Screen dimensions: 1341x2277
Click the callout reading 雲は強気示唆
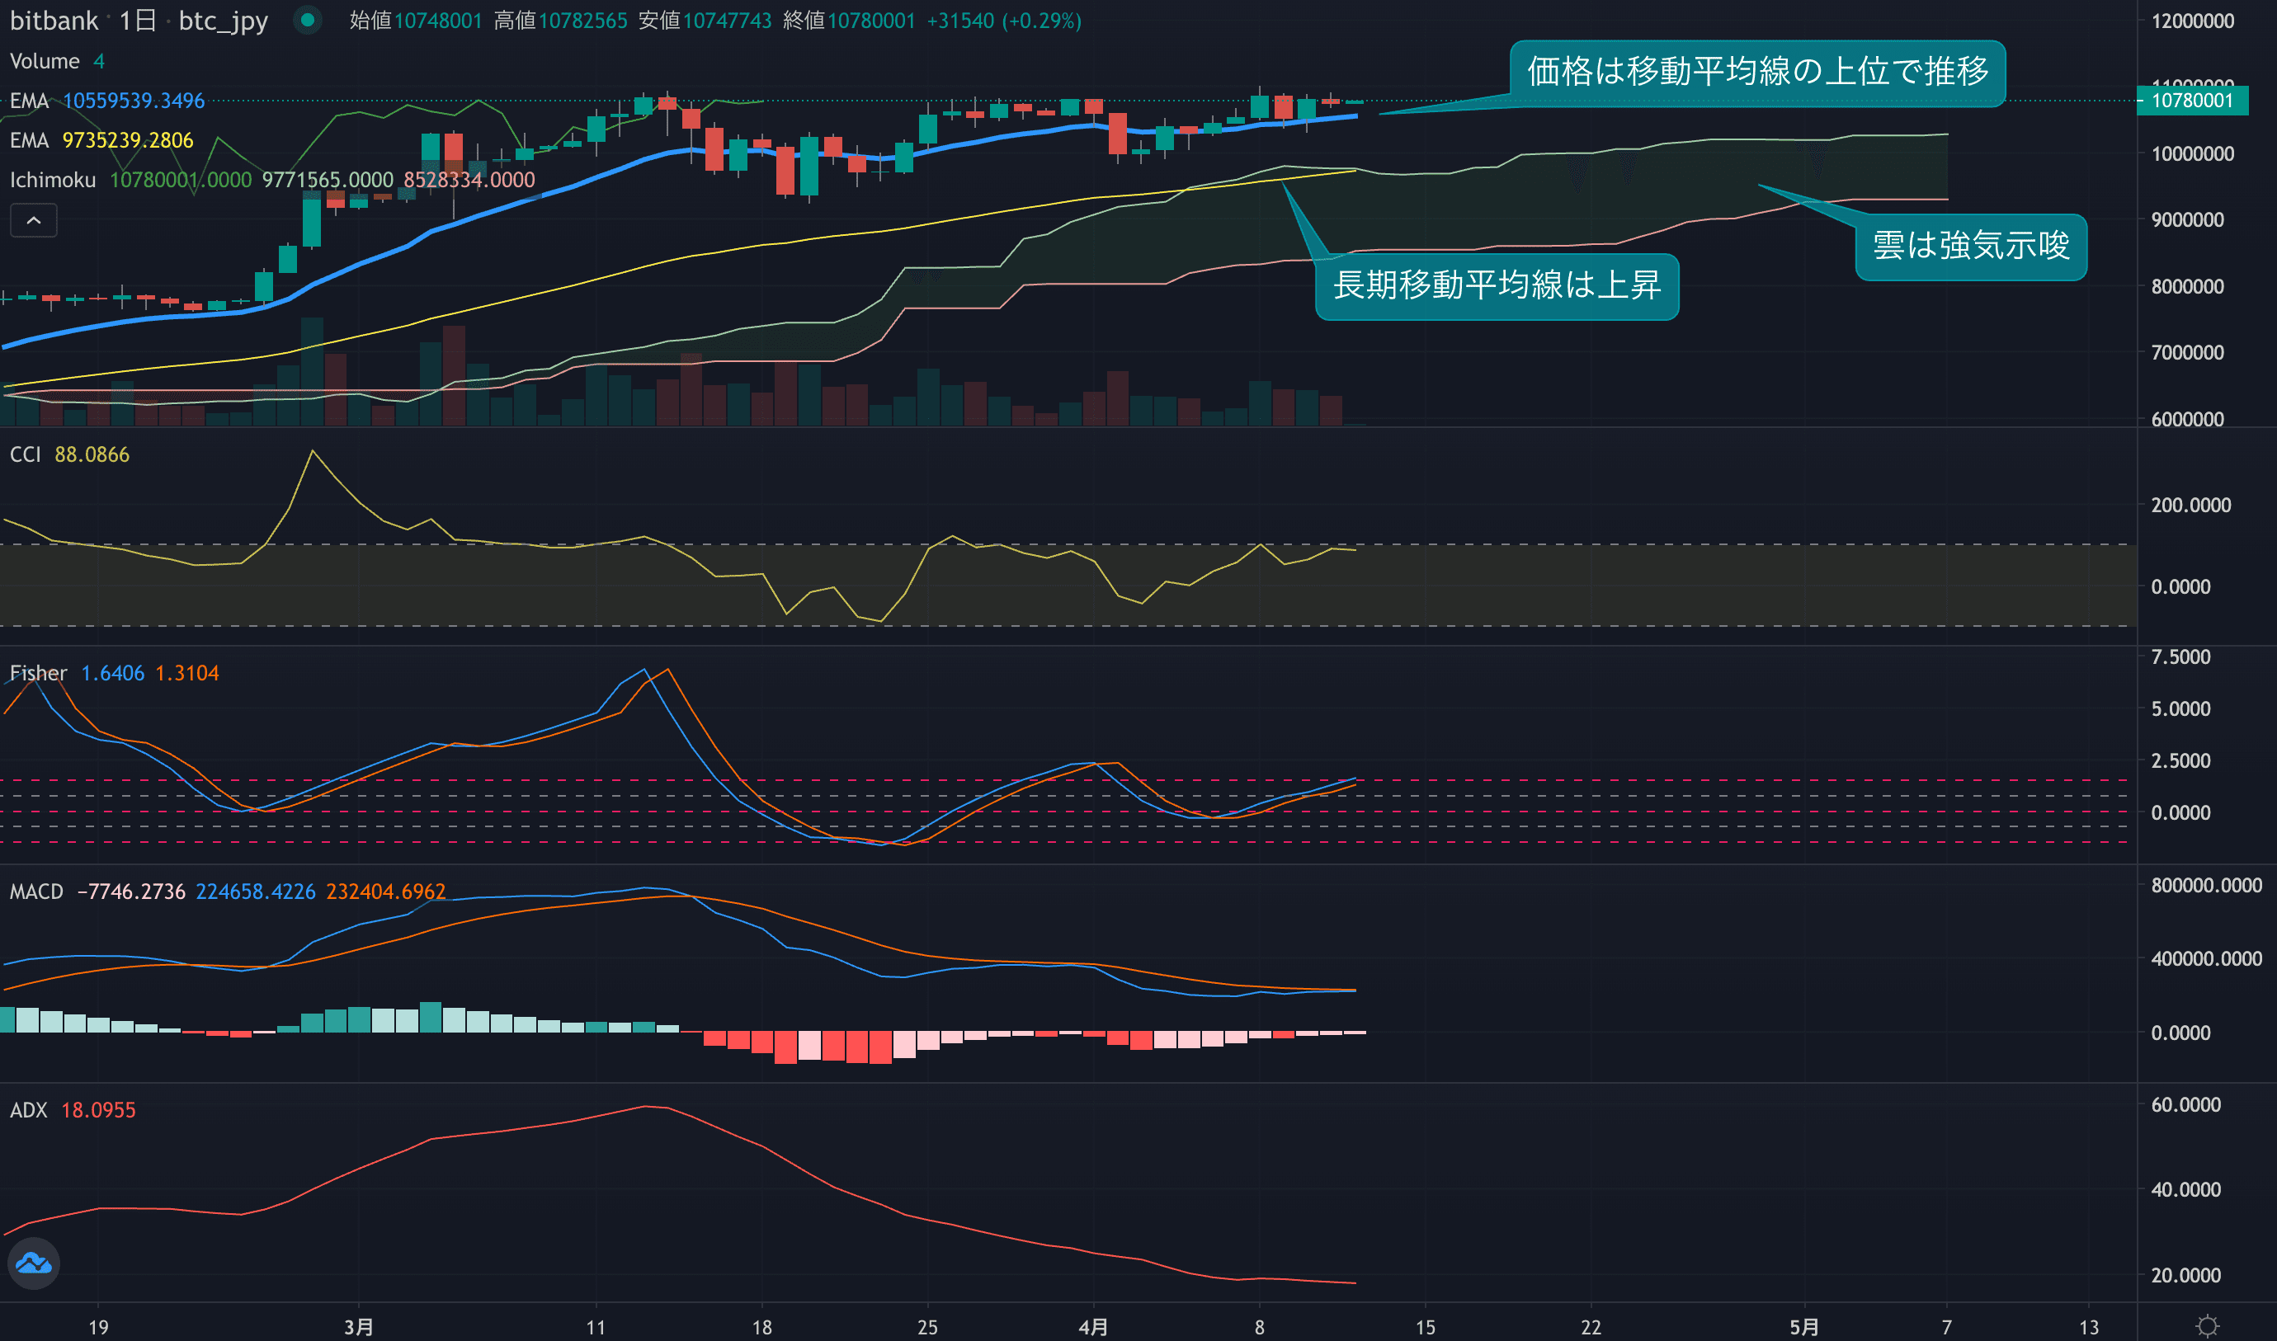(1971, 246)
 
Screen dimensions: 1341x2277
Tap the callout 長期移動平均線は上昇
(1497, 285)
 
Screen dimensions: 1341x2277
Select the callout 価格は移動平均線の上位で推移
(1757, 72)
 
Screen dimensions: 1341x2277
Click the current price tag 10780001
(2191, 101)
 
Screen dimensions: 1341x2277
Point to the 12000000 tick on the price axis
(2192, 21)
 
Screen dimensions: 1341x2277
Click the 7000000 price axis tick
(2188, 352)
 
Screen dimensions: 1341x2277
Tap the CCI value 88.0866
(92, 454)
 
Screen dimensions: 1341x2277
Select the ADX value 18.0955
(98, 1110)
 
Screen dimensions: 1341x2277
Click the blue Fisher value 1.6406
(113, 673)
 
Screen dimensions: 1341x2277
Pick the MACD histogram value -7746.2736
(131, 892)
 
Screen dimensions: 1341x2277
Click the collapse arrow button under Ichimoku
(34, 220)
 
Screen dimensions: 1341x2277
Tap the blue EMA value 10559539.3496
(134, 101)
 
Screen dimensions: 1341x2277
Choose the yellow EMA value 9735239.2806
(127, 140)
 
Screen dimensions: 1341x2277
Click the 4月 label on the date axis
(1093, 1326)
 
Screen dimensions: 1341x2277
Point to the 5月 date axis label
(1803, 1326)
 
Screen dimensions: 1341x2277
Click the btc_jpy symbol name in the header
(224, 21)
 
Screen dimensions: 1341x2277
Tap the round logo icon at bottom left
(34, 1263)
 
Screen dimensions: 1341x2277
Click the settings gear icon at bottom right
(2208, 1325)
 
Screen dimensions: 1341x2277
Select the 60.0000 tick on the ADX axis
(2185, 1104)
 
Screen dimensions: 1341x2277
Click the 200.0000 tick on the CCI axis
(2190, 505)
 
